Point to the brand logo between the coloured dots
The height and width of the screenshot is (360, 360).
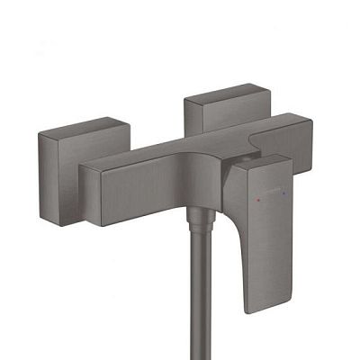click(270, 193)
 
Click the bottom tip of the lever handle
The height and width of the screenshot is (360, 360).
click(256, 309)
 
